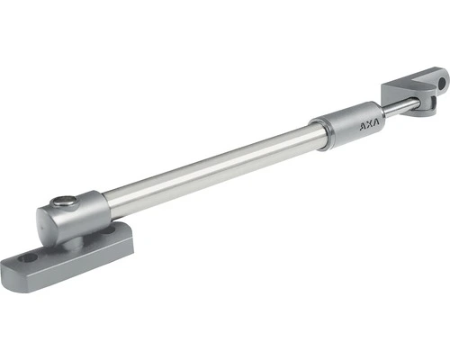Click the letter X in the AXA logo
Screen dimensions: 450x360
point(369,124)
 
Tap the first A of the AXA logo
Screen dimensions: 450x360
point(363,126)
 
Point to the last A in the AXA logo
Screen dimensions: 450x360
point(375,121)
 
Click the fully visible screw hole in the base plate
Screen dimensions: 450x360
point(29,257)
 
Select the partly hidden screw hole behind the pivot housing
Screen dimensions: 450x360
point(110,230)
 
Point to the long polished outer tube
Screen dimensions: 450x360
point(210,169)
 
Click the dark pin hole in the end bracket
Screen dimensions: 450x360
point(441,84)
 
